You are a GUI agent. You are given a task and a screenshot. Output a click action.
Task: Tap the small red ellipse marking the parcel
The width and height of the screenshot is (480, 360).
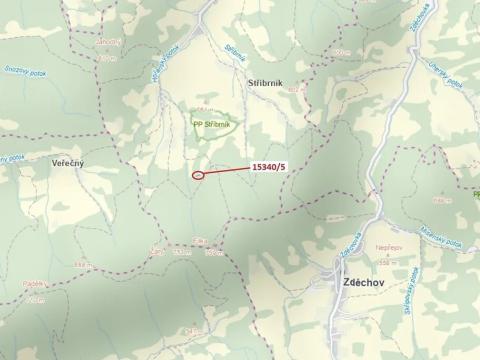pyautogui.click(x=198, y=175)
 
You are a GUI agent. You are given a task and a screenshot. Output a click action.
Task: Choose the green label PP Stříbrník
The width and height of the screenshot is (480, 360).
pyautogui.click(x=212, y=125)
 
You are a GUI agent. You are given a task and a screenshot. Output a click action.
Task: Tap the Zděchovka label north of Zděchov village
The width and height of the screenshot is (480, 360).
pyautogui.click(x=353, y=243)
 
